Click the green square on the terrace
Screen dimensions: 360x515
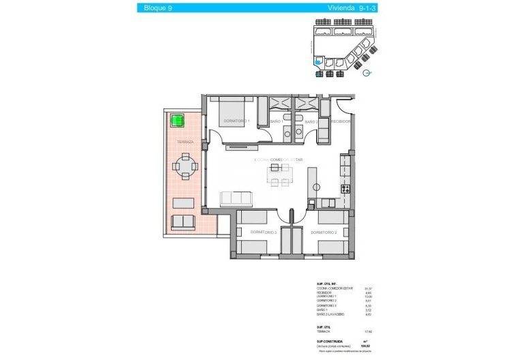click(178, 120)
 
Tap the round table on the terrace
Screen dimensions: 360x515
click(185, 165)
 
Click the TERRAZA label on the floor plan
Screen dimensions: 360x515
click(185, 142)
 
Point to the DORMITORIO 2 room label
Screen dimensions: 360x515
click(324, 232)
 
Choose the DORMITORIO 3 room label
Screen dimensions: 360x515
click(262, 232)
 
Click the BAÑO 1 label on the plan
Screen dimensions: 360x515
click(276, 121)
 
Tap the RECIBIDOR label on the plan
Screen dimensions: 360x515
click(340, 121)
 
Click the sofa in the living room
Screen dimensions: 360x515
click(236, 198)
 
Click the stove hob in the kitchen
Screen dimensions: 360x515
click(345, 188)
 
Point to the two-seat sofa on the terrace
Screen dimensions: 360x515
click(183, 222)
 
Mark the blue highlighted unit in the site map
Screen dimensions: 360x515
click(318, 61)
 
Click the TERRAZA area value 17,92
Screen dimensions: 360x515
click(368, 332)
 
